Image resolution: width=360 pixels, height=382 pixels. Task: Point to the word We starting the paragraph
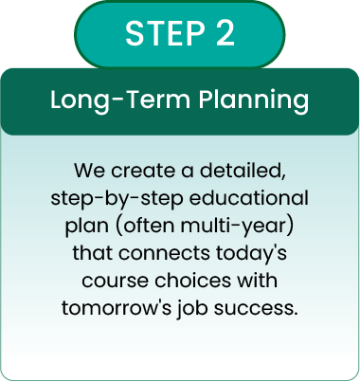tap(87, 173)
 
